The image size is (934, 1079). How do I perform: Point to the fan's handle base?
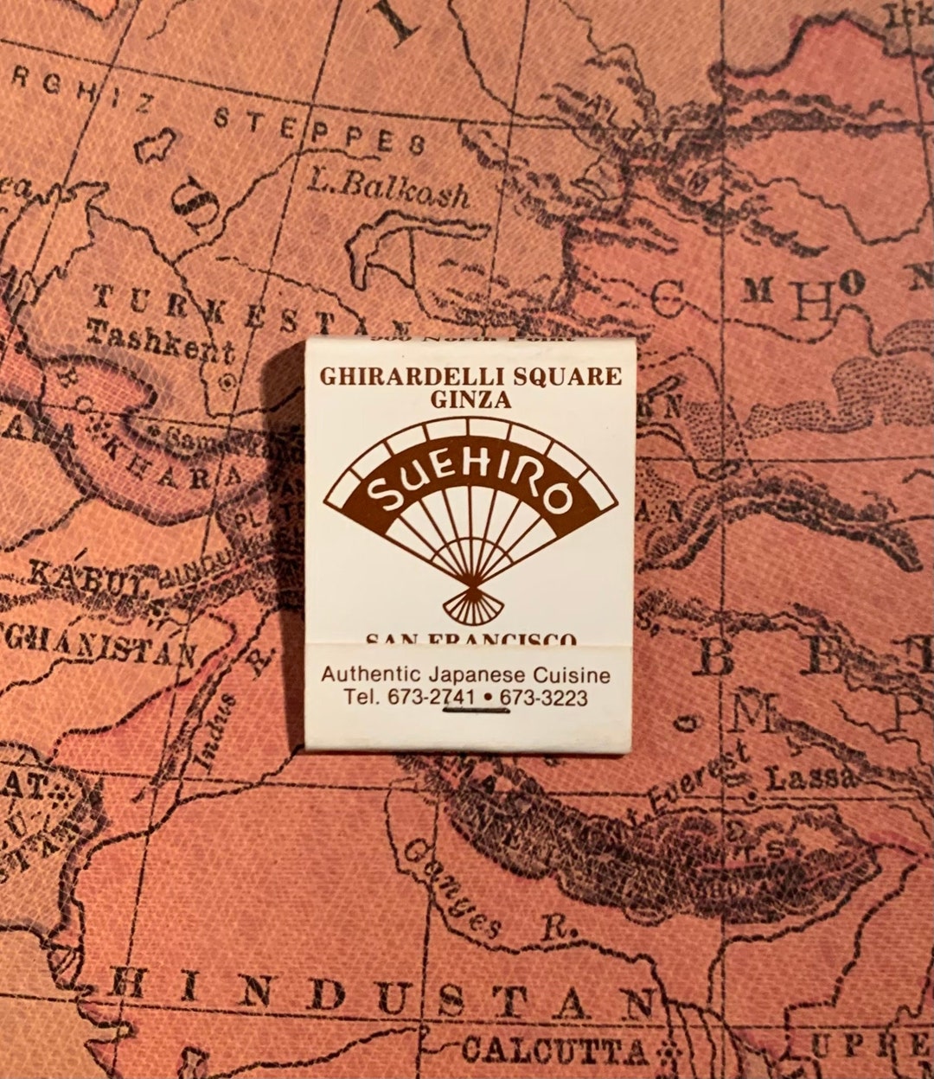click(470, 605)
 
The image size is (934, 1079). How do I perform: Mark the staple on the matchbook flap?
click(474, 710)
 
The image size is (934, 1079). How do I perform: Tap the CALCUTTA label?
click(553, 1050)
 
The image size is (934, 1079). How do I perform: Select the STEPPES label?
click(320, 130)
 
